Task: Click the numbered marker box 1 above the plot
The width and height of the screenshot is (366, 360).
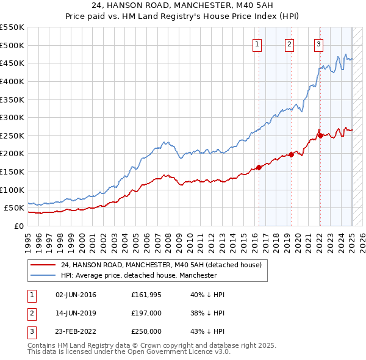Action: click(x=257, y=44)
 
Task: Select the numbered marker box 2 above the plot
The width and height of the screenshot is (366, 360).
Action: click(x=289, y=44)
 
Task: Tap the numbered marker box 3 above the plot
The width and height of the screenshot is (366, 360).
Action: click(x=318, y=44)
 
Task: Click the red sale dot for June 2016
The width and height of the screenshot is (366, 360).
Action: click(x=259, y=167)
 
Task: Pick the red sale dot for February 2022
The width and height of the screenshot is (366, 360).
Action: click(x=320, y=135)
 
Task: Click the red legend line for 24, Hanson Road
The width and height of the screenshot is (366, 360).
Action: click(x=43, y=265)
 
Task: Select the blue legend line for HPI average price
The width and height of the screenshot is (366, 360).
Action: click(x=43, y=275)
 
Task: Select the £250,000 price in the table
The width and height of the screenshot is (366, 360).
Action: click(x=146, y=331)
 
